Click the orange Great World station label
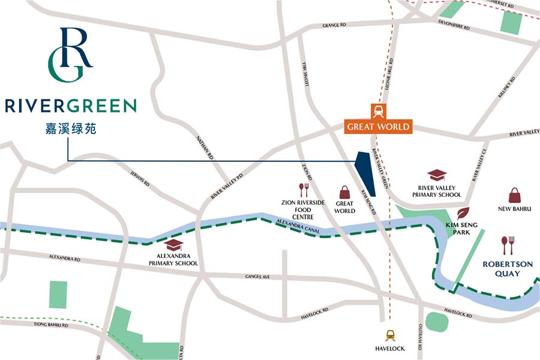click(378, 127)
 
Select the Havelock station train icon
click(390, 336)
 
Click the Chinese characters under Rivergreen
click(71, 128)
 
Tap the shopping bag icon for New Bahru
click(515, 195)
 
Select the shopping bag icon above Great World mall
click(345, 192)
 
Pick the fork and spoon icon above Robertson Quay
click(508, 245)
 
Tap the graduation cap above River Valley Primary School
click(437, 176)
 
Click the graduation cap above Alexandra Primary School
click(174, 245)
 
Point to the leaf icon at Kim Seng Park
click(463, 213)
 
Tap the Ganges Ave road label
click(259, 277)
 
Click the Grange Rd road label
click(335, 25)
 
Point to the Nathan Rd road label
click(205, 146)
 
